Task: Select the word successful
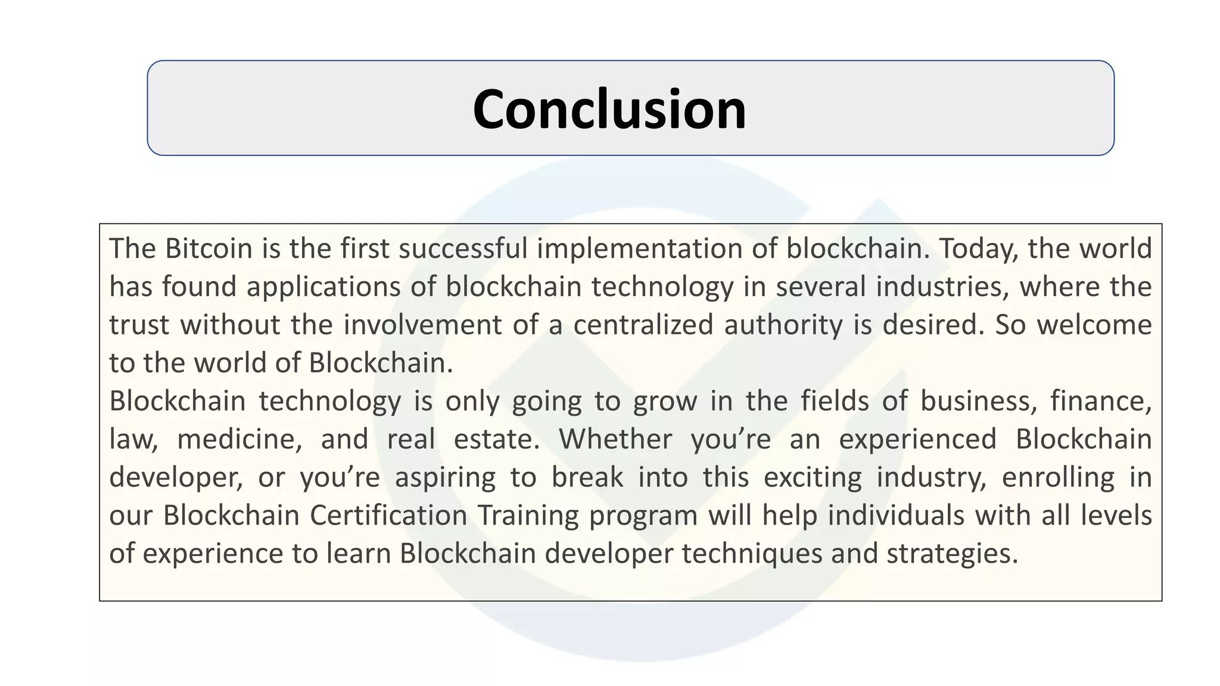pos(463,248)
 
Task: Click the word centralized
pos(643,325)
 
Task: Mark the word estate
pos(496,439)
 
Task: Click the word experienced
pos(917,439)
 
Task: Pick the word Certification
pos(388,516)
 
